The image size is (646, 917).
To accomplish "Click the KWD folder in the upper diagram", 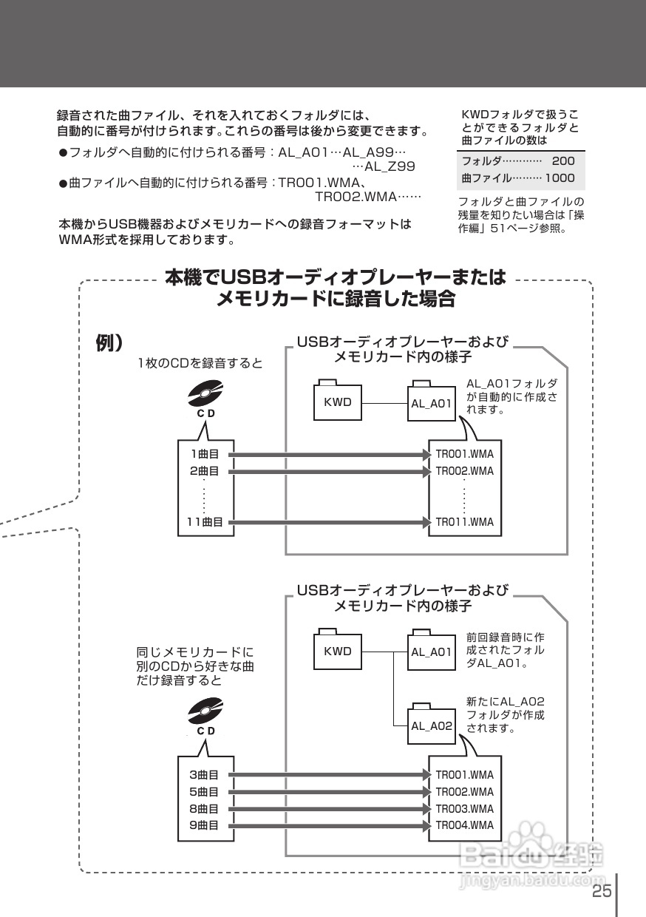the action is pos(338,400).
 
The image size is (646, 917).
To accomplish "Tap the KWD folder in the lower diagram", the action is pos(338,649).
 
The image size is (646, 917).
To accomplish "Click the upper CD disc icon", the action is pos(205,393).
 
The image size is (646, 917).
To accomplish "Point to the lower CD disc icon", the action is pos(205,711).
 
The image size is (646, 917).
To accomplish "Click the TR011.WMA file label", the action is pos(465,522).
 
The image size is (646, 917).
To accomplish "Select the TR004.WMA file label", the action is pos(465,825).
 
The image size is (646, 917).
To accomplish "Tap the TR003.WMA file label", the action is pos(465,808).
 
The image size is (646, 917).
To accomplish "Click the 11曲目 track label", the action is pos(205,522).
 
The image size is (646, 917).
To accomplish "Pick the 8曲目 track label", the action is pos(204,808).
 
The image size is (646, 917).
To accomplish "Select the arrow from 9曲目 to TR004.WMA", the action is pos(330,825).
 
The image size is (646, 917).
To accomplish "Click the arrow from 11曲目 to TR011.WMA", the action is pos(330,522).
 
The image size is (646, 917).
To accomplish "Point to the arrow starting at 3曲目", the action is pos(330,774).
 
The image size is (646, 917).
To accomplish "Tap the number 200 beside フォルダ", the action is pos(563,161).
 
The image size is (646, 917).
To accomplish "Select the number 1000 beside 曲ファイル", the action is pos(560,177).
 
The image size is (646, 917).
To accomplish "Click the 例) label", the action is pos(109,342).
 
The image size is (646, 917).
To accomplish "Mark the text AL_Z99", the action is pos(390,166).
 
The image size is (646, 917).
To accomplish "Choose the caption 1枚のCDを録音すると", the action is pos(200,363).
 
